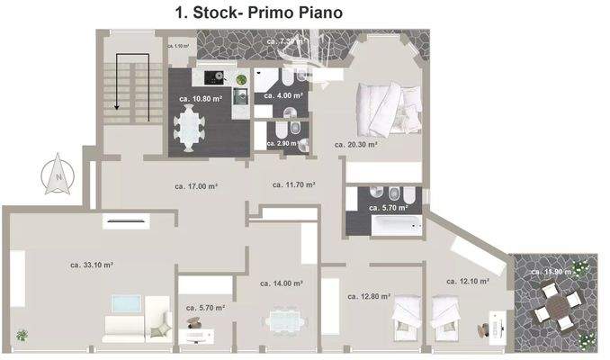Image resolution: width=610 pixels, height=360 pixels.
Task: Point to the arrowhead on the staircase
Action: (116, 105)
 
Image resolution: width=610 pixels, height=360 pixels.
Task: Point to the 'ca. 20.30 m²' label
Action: (355, 143)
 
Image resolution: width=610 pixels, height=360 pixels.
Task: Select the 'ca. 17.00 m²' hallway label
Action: (197, 185)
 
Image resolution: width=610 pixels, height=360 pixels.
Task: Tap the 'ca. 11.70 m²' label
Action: (293, 184)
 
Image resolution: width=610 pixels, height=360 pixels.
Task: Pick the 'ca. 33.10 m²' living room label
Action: (91, 265)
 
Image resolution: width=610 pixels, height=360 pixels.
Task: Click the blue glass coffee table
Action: (124, 303)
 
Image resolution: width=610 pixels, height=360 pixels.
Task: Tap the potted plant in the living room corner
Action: (22, 335)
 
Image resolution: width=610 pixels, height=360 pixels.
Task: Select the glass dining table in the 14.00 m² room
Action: (285, 321)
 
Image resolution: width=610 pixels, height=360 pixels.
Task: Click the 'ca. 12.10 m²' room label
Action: (467, 281)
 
